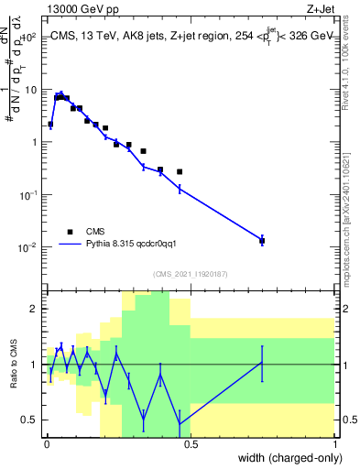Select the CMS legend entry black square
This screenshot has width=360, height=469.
pyautogui.click(x=69, y=232)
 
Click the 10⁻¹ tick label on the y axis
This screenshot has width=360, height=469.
pyautogui.click(x=28, y=195)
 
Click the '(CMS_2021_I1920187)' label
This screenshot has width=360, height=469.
pyautogui.click(x=190, y=274)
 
